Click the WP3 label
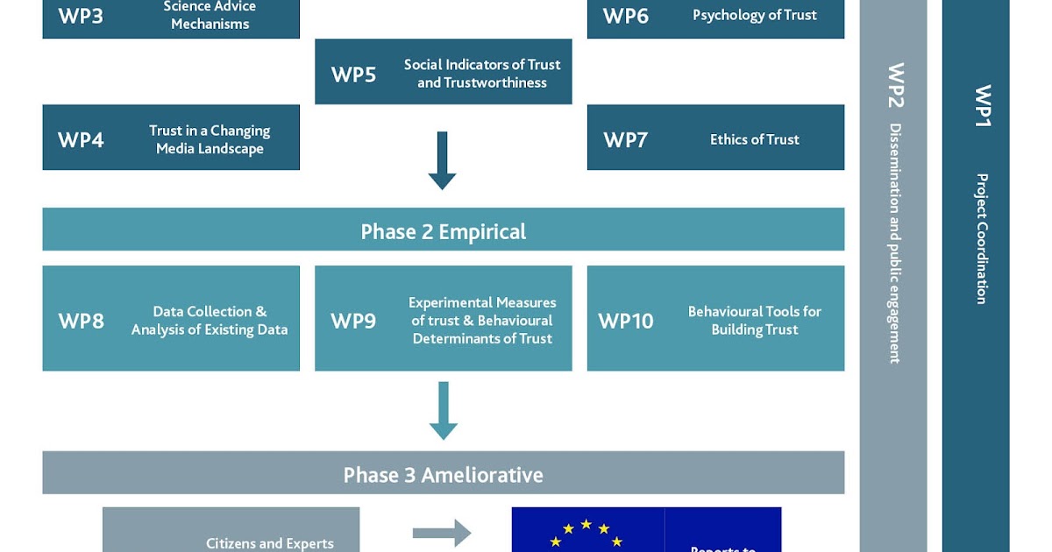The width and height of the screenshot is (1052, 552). click(x=81, y=16)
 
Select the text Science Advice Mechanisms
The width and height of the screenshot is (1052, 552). click(x=210, y=15)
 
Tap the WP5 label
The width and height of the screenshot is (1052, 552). click(x=353, y=74)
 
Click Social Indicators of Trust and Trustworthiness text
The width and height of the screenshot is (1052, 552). click(x=481, y=74)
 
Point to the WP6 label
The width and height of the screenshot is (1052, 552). click(x=626, y=16)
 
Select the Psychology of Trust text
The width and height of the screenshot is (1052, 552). click(x=754, y=15)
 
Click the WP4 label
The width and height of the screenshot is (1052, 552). click(x=81, y=140)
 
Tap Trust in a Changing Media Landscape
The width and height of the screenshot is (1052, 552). click(x=210, y=139)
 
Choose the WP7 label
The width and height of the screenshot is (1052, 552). click(x=626, y=140)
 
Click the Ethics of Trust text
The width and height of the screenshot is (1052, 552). click(x=754, y=139)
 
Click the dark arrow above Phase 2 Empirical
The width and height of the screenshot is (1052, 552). click(x=442, y=160)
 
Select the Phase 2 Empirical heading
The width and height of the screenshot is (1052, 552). click(x=443, y=231)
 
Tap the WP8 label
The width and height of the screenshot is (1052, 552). click(x=81, y=321)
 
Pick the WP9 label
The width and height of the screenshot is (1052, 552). click(x=353, y=321)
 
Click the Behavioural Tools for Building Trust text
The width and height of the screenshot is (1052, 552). click(x=754, y=321)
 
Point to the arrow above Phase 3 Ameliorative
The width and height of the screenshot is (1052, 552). click(x=443, y=410)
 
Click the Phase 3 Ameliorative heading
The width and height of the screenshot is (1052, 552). click(x=443, y=475)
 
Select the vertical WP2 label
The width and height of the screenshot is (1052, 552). click(x=895, y=85)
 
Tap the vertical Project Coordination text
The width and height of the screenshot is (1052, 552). click(x=982, y=238)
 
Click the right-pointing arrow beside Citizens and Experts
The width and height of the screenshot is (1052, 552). click(x=442, y=533)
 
